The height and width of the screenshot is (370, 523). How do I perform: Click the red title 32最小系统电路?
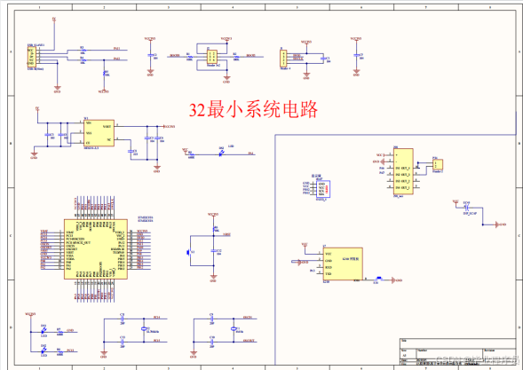(x=253, y=109)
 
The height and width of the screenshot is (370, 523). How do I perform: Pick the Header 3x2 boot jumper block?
(x=211, y=56)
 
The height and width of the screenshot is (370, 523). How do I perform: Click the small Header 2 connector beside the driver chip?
(x=438, y=164)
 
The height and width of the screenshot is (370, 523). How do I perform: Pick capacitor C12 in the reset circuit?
(x=213, y=252)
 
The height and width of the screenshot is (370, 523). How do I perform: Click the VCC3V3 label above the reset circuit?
(x=212, y=215)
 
